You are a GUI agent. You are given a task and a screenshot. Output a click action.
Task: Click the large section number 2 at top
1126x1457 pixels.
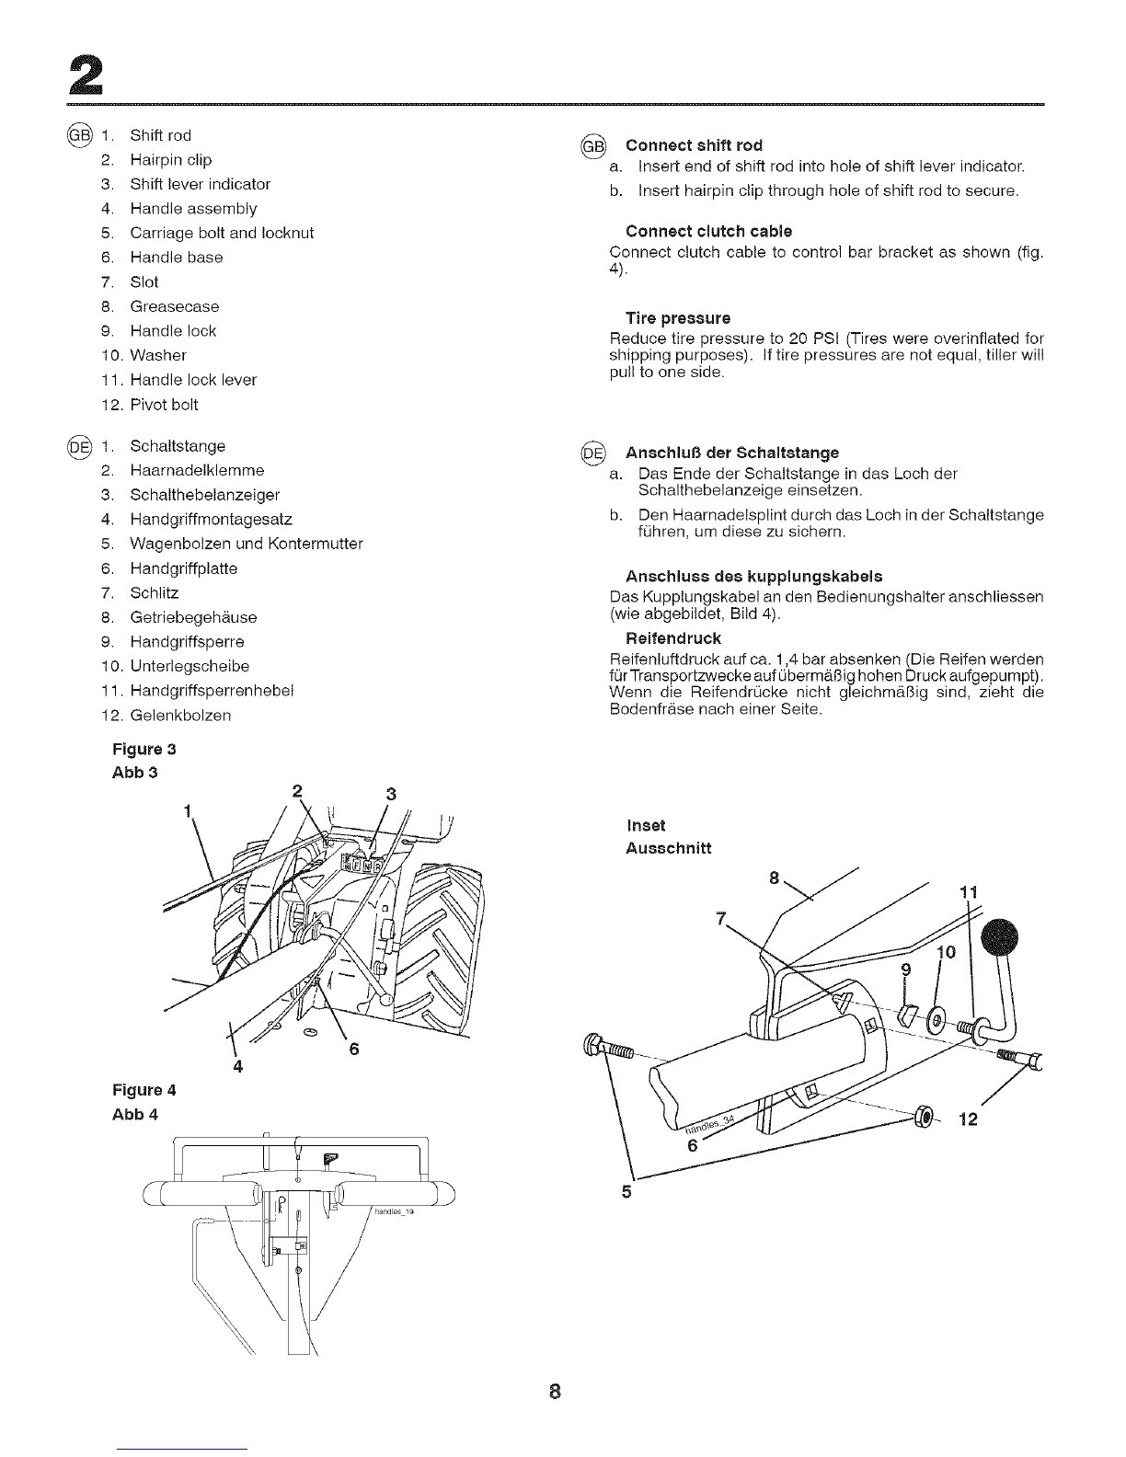tap(86, 75)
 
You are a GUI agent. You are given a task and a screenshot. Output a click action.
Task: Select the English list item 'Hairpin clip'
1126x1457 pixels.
tap(170, 159)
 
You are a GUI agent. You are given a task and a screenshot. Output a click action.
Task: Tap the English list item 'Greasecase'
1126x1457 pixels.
tap(175, 306)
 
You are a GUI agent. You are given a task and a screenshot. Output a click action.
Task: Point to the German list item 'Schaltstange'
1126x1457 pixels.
tap(178, 446)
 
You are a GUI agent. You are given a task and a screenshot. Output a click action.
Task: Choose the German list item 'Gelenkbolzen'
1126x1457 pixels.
tap(180, 716)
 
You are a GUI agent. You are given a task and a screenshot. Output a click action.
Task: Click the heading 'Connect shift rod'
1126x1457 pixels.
tap(695, 145)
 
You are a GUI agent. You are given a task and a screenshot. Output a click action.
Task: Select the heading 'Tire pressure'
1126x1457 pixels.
tap(678, 318)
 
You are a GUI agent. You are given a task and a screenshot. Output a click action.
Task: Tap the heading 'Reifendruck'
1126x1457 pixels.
tap(673, 637)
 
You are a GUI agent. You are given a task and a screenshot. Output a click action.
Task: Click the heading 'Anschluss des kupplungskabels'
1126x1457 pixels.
tap(753, 576)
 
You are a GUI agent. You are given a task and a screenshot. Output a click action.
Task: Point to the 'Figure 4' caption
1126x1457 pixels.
tap(144, 1090)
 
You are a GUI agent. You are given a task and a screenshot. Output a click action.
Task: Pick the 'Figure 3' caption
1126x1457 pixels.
tap(144, 749)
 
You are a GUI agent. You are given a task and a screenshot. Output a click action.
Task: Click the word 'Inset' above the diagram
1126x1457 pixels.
tap(646, 825)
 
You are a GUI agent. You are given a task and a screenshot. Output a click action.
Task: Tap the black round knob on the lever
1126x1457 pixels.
tap(999, 937)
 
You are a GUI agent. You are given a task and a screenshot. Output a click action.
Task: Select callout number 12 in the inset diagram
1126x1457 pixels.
tap(968, 1119)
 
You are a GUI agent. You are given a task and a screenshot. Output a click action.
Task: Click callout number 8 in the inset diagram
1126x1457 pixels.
tap(774, 878)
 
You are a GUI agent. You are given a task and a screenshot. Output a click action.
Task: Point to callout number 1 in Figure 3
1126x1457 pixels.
tap(188, 811)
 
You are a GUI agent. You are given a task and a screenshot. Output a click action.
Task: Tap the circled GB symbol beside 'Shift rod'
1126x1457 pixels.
tap(79, 135)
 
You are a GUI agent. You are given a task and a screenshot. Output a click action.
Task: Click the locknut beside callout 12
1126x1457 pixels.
tap(923, 1116)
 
